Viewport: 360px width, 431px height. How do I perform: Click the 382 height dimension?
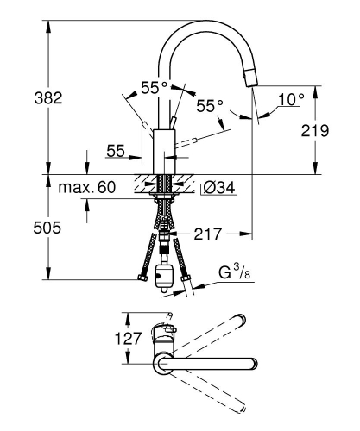pos(24,98)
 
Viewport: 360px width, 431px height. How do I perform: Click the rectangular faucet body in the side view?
pos(164,151)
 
